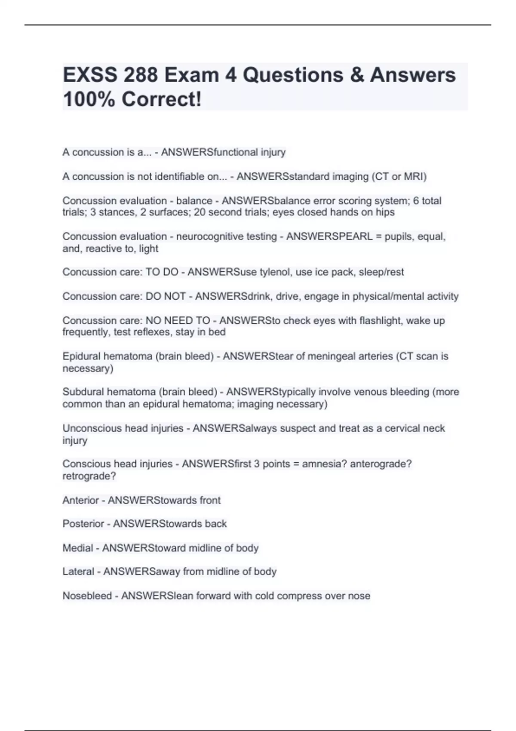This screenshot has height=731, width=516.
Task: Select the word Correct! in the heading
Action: [x=161, y=99]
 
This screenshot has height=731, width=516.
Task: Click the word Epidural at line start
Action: [x=80, y=356]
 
